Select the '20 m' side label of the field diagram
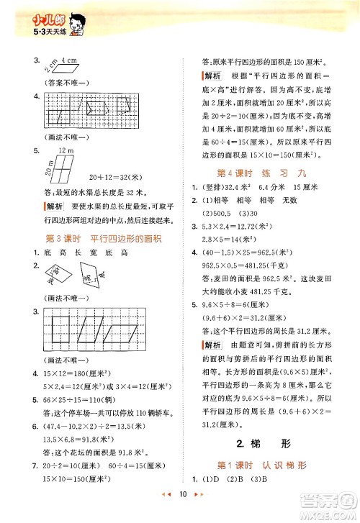pyautogui.click(x=45, y=167)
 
